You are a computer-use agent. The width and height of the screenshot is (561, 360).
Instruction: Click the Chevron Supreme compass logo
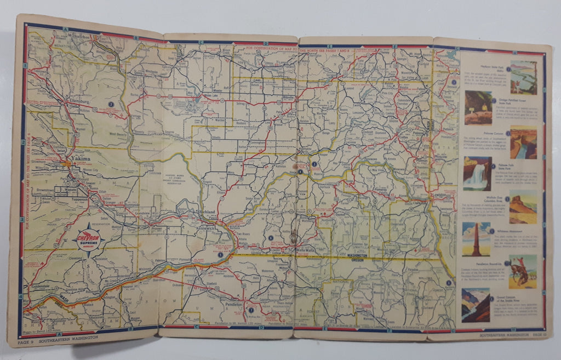(x=88, y=239)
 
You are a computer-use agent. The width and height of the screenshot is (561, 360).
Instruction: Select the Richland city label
(x=209, y=212)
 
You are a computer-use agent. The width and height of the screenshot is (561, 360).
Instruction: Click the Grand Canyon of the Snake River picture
(x=475, y=305)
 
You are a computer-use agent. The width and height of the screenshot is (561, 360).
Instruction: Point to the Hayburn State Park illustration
(x=523, y=77)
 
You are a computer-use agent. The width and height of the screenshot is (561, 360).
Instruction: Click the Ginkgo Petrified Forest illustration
(x=478, y=107)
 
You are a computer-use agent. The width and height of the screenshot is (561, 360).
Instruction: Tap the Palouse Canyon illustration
(x=523, y=142)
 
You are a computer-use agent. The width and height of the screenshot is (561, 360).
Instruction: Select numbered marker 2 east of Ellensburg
(x=111, y=104)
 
